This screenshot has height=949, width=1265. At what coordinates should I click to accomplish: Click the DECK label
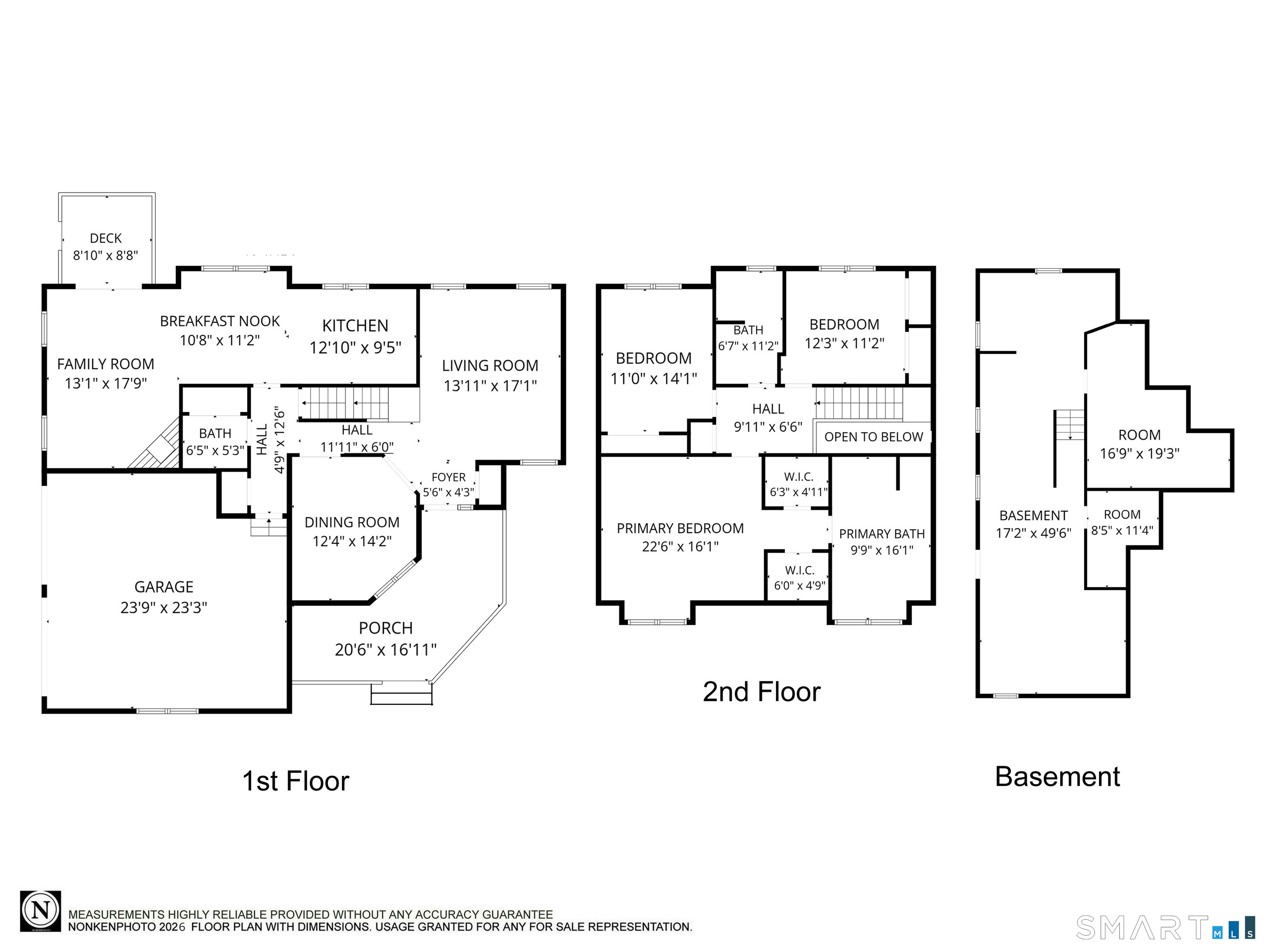tap(106, 238)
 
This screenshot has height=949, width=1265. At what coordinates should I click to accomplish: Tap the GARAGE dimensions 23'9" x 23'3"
tap(164, 607)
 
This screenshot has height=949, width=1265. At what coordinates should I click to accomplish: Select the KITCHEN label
tap(355, 326)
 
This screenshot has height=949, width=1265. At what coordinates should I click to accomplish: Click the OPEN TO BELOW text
tap(873, 437)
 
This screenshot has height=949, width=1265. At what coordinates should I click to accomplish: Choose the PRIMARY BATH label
tap(882, 534)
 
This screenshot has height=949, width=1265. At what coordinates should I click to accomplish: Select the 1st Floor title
tap(296, 781)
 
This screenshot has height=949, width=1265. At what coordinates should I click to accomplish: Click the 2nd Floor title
tap(762, 692)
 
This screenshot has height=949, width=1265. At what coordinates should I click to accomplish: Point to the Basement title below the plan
tap(1057, 776)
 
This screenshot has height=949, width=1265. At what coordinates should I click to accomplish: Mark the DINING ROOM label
tap(352, 523)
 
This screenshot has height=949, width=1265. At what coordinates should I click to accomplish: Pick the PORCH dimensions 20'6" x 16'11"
tap(386, 650)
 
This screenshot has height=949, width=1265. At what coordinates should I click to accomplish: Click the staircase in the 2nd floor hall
tap(859, 403)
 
